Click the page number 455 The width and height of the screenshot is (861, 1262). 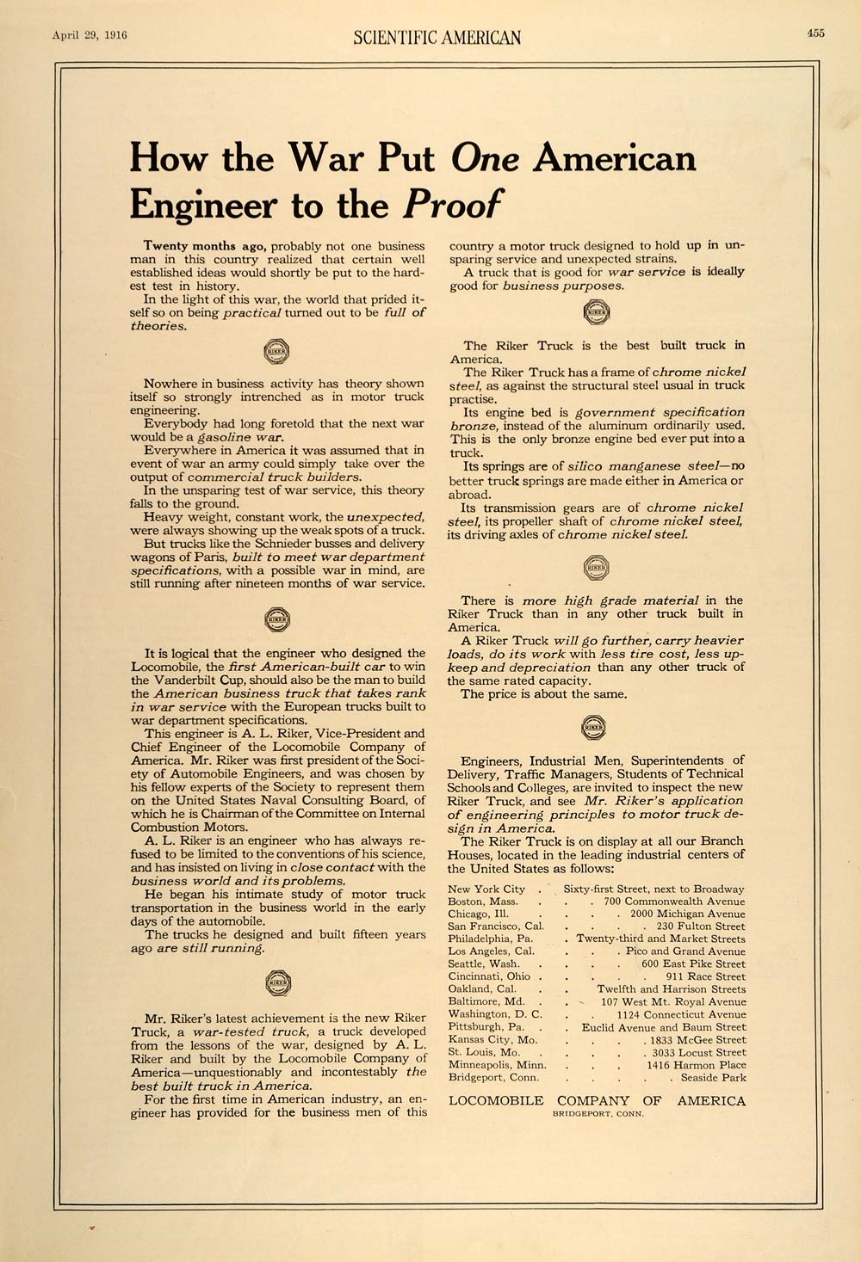tap(816, 34)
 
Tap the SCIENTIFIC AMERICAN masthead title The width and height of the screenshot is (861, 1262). tap(437, 36)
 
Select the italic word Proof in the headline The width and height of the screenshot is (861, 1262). tap(452, 205)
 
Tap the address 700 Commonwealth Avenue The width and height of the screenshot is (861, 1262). tap(674, 901)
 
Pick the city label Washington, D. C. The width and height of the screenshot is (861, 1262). tap(494, 1014)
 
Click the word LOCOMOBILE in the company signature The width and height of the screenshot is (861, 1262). tap(497, 1100)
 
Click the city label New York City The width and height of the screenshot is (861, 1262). tap(486, 889)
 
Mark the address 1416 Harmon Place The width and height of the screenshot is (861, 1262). tap(697, 1065)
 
